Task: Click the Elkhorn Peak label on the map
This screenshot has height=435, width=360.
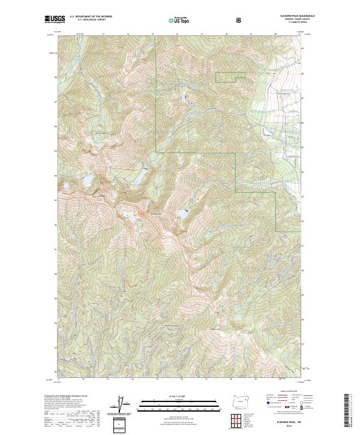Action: [x=157, y=214]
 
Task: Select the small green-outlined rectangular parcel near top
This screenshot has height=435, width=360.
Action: [x=230, y=77]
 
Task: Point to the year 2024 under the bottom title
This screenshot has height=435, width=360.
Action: [x=290, y=427]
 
